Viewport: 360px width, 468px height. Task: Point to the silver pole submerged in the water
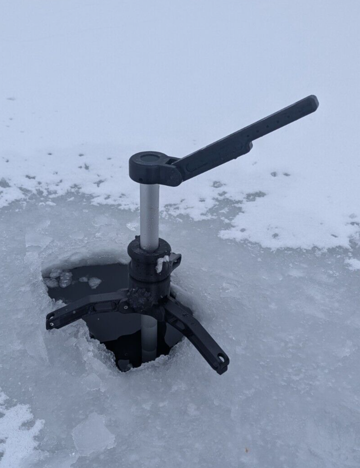tap(149, 336)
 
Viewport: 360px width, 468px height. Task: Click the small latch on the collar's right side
tap(175, 260)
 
